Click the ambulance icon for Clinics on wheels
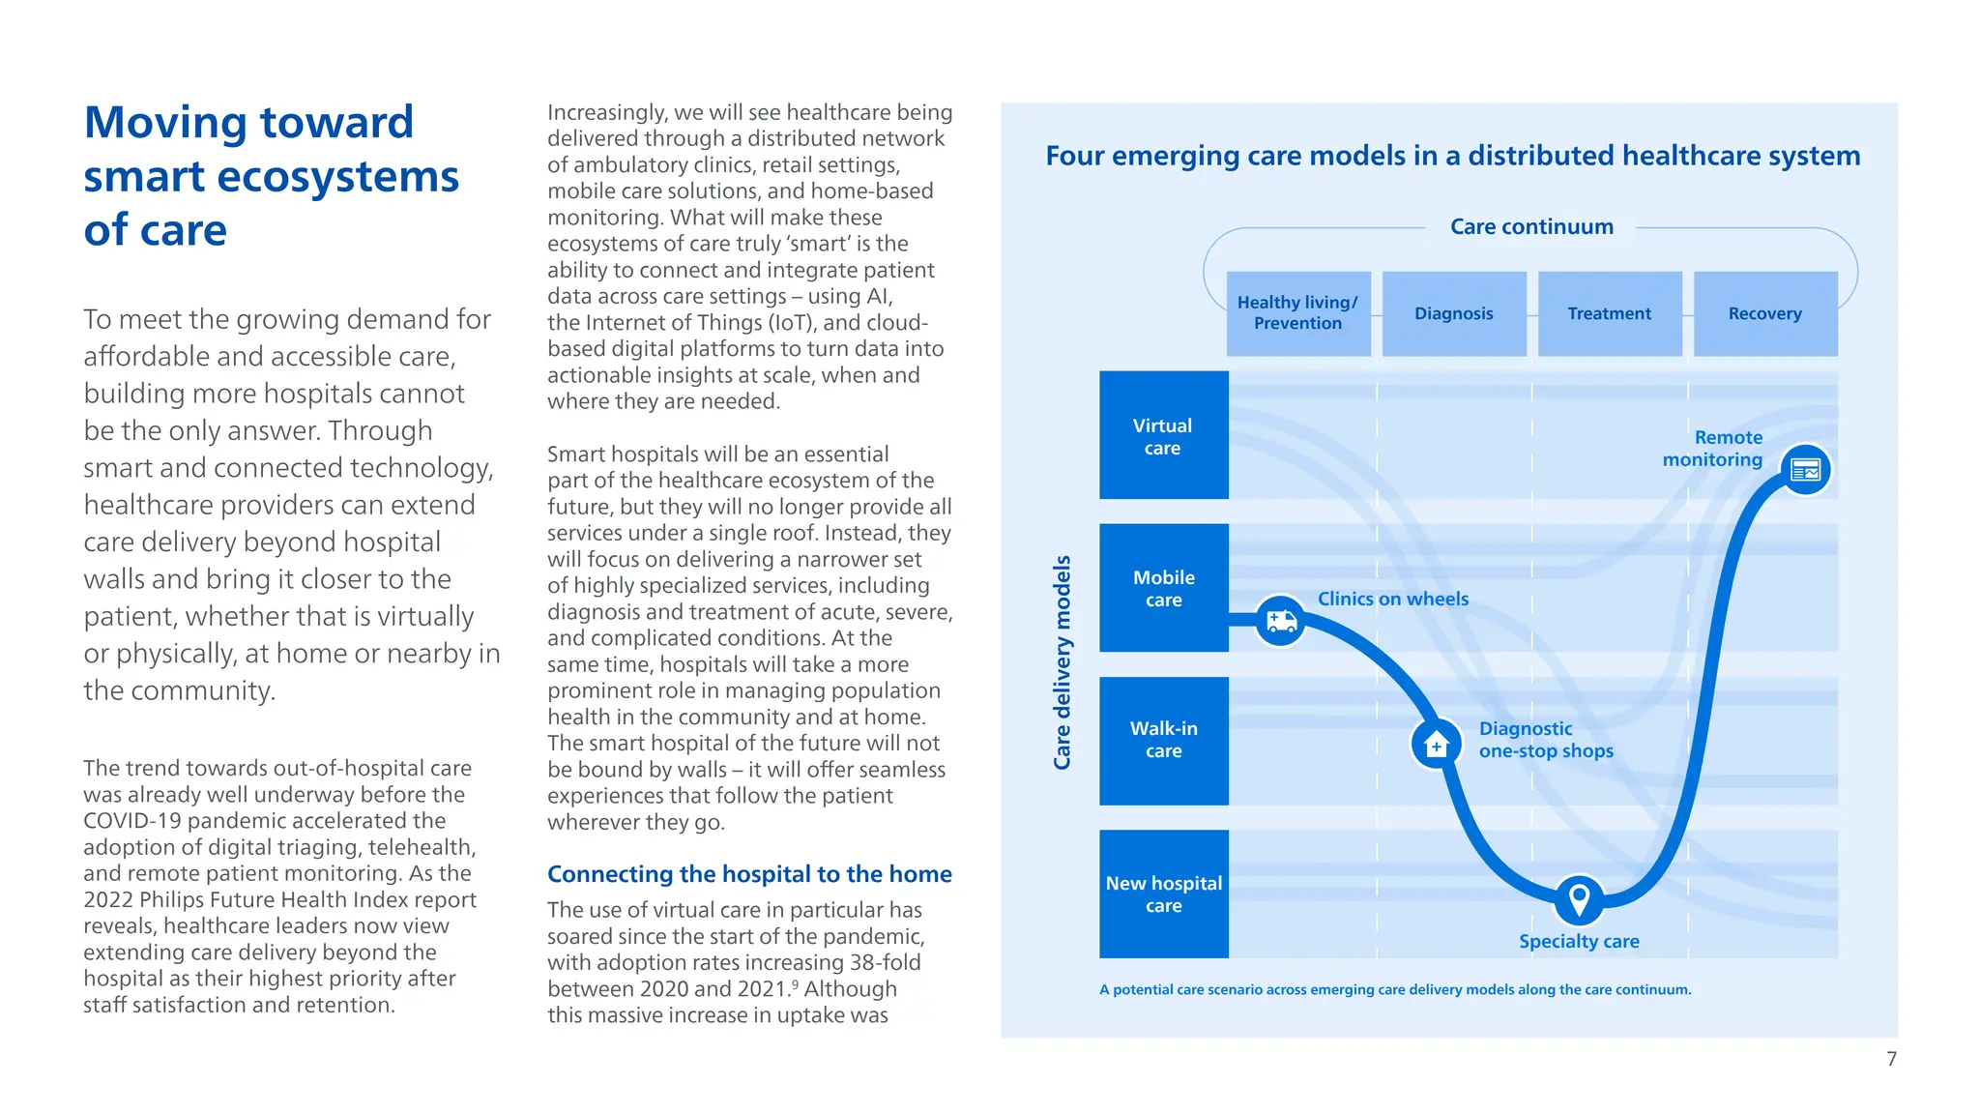click(1280, 620)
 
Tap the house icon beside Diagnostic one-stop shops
click(1436, 745)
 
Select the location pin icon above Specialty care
click(1578, 900)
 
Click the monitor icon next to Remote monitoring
click(1805, 470)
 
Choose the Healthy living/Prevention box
click(1297, 313)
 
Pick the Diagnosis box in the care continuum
click(1453, 313)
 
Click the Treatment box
click(1609, 313)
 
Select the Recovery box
click(1764, 313)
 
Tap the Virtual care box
click(1163, 435)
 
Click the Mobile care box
click(1163, 588)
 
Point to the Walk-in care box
click(1163, 740)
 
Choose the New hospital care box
click(1163, 894)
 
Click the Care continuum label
click(1531, 227)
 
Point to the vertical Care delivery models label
click(1062, 662)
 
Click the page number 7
click(1891, 1059)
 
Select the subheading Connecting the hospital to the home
click(749, 874)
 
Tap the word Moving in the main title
click(164, 123)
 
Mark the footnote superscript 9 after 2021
click(795, 983)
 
